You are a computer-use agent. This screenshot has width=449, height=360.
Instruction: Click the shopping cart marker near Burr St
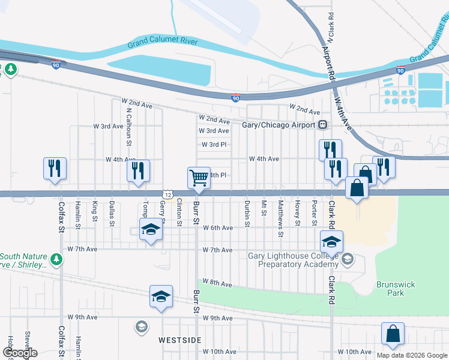(x=199, y=177)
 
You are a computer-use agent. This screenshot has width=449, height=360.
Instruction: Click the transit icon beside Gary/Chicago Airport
(x=323, y=125)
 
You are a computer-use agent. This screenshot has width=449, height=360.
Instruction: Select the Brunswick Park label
(x=391, y=289)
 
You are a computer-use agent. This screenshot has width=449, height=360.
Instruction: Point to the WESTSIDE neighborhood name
(x=180, y=340)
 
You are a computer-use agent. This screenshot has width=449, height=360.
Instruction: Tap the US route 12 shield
(x=168, y=194)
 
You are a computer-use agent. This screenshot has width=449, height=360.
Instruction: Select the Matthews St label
(x=280, y=214)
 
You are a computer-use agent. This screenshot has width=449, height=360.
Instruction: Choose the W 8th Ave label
(x=217, y=282)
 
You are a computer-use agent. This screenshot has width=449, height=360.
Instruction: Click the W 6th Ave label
(x=217, y=228)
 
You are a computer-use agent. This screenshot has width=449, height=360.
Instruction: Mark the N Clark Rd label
(x=331, y=23)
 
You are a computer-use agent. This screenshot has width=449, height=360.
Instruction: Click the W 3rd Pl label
(x=214, y=145)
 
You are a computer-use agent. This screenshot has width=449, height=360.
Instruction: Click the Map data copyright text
(x=412, y=355)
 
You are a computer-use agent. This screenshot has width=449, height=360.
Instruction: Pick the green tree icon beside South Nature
(x=56, y=259)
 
